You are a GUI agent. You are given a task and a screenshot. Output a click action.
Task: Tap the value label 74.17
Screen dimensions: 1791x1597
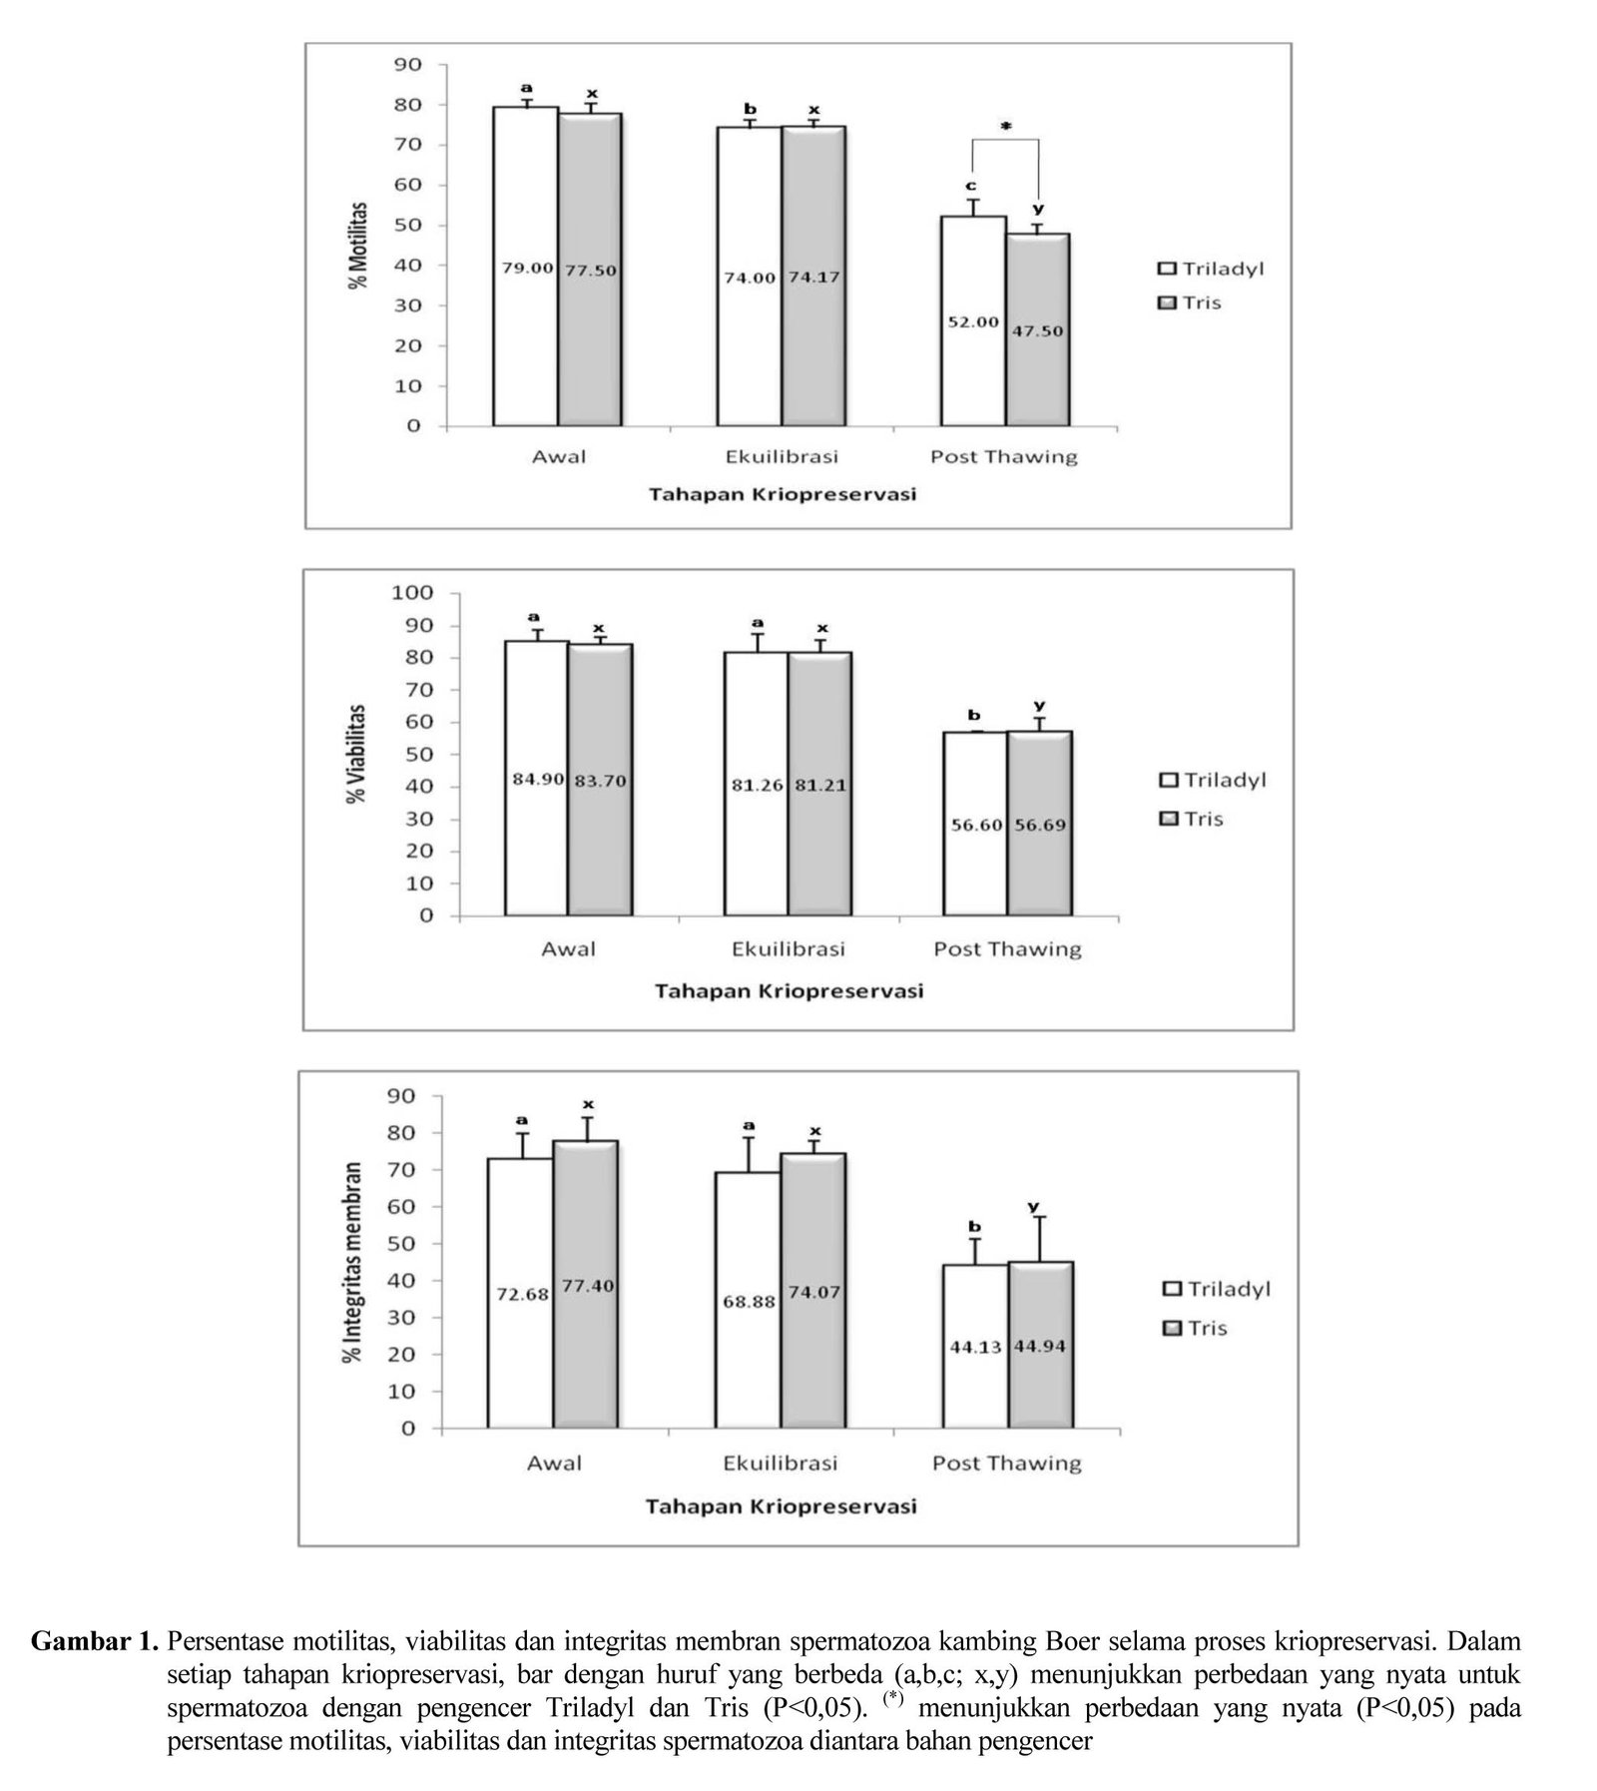[x=812, y=277]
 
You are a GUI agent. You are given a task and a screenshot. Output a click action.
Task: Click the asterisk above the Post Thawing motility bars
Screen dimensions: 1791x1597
[x=1006, y=127]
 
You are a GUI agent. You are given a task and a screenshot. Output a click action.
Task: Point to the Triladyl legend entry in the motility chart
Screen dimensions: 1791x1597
[x=1211, y=269]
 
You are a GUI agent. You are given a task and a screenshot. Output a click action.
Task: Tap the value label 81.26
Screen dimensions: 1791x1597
[x=758, y=785]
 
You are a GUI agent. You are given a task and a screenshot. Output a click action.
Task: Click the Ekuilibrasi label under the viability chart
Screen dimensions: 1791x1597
[x=789, y=948]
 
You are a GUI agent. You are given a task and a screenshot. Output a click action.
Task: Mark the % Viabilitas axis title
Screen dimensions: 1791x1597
[x=357, y=754]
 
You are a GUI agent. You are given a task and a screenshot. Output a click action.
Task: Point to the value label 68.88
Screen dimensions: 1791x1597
[x=750, y=1302]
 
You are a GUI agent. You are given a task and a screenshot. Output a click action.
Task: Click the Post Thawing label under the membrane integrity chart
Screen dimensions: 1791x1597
[x=1006, y=1463]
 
